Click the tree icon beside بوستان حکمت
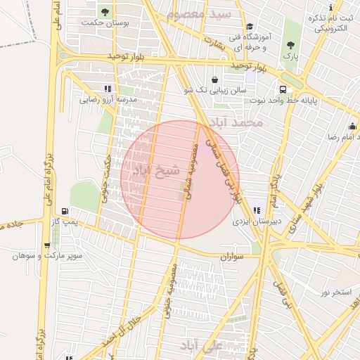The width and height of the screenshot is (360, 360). (105, 12)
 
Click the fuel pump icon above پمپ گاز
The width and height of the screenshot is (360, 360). (65, 210)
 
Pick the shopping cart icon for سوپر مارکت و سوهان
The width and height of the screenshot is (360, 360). (47, 245)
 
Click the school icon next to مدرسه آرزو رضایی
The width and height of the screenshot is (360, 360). (107, 89)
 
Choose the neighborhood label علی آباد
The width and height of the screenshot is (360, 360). (202, 346)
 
